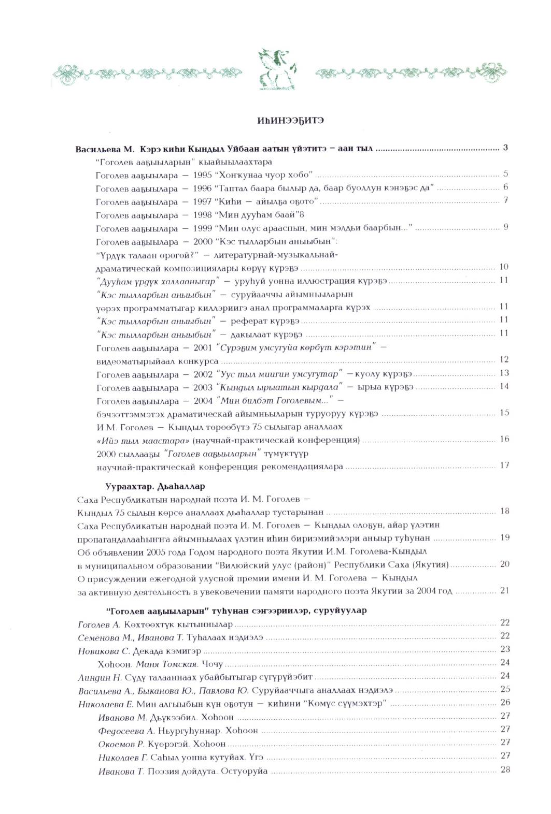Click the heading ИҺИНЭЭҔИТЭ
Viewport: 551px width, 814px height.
pyautogui.click(x=290, y=121)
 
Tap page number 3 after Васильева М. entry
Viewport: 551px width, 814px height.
pyautogui.click(x=505, y=148)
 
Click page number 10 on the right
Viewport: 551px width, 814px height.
pyautogui.click(x=503, y=267)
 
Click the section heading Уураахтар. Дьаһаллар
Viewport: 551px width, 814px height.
pyautogui.click(x=155, y=487)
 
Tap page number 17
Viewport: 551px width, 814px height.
pyautogui.click(x=504, y=466)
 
